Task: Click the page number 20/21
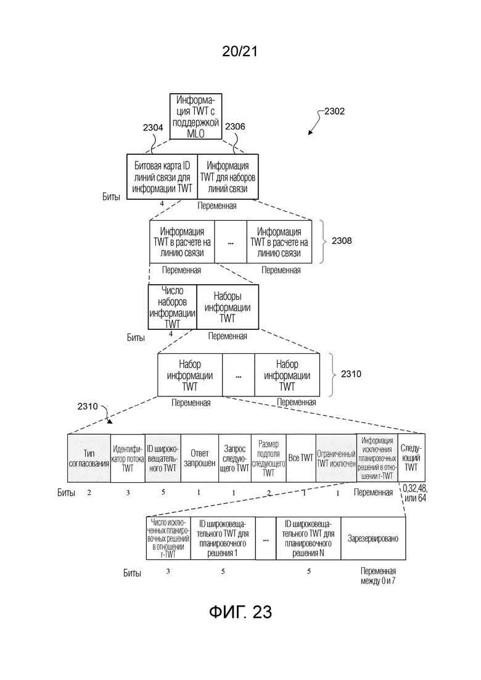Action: coord(240,52)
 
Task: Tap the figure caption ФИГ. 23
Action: coord(240,612)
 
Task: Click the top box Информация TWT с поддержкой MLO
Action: coord(195,117)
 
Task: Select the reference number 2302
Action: coord(331,112)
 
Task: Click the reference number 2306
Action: coord(236,127)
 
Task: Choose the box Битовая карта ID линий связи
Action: coord(163,177)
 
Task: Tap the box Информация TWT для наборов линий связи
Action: coord(228,177)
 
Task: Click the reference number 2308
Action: coord(342,241)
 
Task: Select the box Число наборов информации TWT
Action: coord(172,306)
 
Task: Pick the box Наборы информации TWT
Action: coord(227,306)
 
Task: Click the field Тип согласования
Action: coord(89,458)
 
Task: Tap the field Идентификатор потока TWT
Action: coord(127,458)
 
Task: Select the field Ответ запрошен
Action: coord(198,458)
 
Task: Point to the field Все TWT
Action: coord(302,458)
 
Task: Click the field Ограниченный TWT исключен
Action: coord(336,458)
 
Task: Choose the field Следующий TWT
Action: coord(411,458)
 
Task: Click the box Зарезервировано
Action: coord(373,538)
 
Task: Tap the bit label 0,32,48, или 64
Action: coord(414,494)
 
